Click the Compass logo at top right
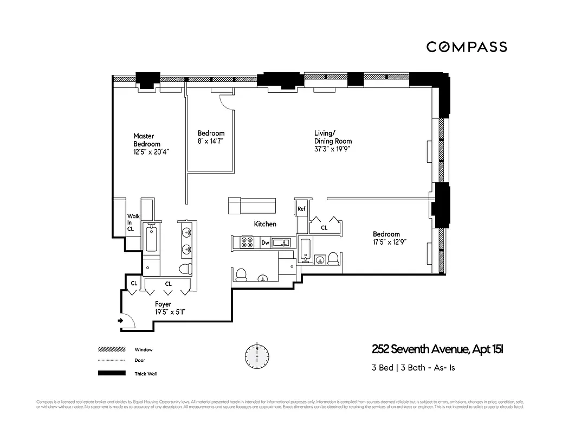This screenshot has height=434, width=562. pos(466,47)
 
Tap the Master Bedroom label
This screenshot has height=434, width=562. pos(147,140)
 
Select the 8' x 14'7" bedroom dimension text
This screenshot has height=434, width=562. pos(211,141)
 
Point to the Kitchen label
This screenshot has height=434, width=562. pos(265,224)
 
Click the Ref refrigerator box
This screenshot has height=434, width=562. pos(301,208)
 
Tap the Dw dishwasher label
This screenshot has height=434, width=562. pos(265,244)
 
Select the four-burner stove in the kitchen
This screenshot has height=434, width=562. pos(247,242)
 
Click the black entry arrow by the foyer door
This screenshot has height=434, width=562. pos(120,321)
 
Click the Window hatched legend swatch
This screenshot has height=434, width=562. pos(111,350)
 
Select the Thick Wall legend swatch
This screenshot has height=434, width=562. pos(111,373)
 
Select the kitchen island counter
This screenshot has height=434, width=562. pos(252,206)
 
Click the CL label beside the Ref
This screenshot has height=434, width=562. pos(324,228)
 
